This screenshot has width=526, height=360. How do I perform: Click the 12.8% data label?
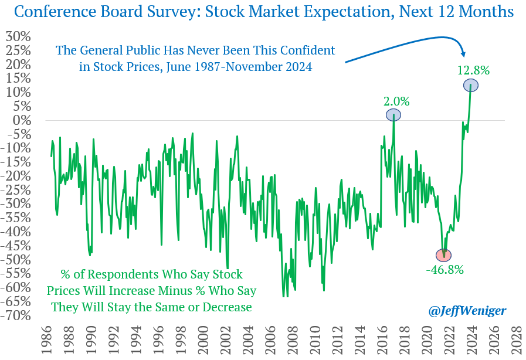click(473, 70)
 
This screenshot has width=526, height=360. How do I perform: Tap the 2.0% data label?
click(397, 100)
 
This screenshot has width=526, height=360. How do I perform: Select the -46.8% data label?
click(444, 270)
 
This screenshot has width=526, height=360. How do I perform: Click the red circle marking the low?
click(444, 255)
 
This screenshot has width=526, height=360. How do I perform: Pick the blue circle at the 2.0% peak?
click(393, 115)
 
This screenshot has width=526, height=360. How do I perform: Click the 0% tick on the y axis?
click(22, 120)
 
